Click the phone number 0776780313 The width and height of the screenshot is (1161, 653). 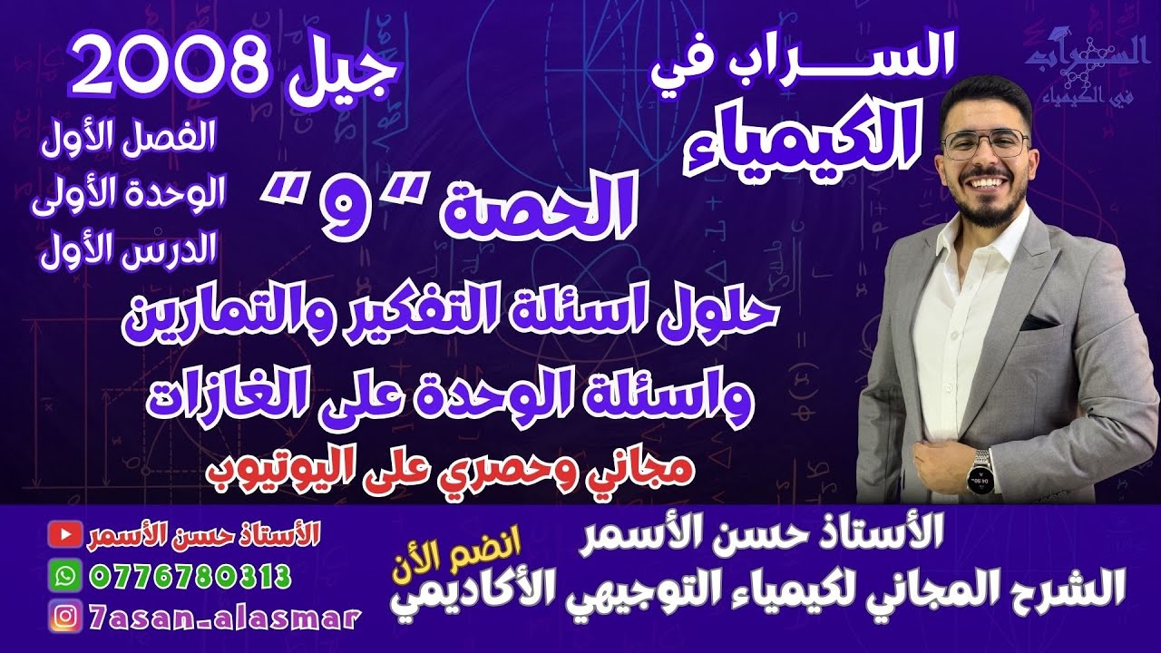[x=190, y=575]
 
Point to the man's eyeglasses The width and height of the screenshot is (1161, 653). [x=986, y=143]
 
